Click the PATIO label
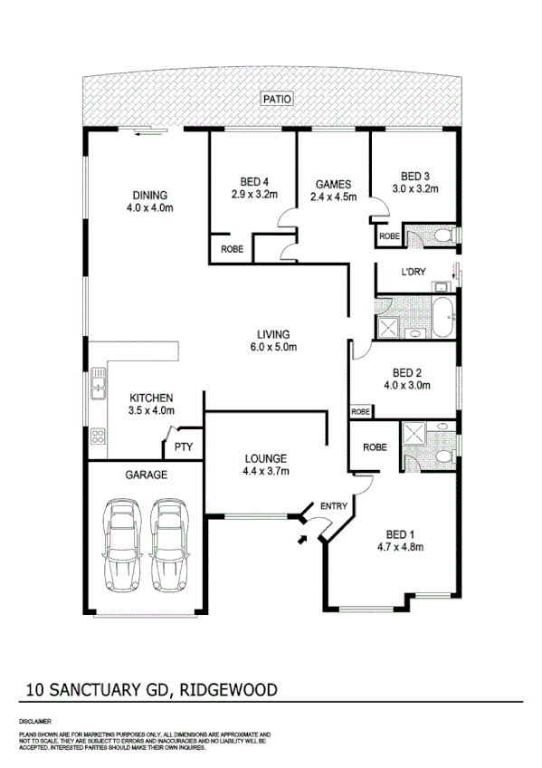(276, 100)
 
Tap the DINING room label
(150, 195)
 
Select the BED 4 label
(252, 179)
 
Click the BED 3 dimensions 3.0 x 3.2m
(414, 189)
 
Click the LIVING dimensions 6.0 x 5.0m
(274, 347)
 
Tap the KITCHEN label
(151, 398)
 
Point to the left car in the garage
(121, 543)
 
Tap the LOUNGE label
(264, 458)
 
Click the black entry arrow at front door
(300, 541)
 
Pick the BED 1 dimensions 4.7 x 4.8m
(401, 546)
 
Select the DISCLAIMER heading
(34, 721)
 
